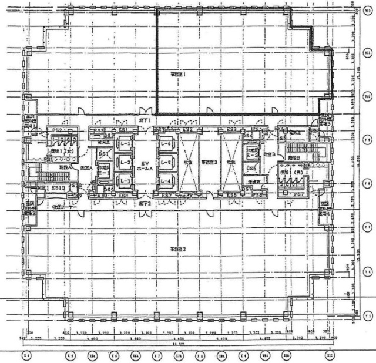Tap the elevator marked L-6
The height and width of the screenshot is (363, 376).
coord(166,143)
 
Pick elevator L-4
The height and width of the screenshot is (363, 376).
coord(166,181)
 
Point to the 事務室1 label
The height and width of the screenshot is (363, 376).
coord(178,75)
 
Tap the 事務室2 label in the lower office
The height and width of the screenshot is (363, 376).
coord(178,250)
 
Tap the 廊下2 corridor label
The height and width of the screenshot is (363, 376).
coord(145,203)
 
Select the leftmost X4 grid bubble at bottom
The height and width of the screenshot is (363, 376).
coord(26,356)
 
